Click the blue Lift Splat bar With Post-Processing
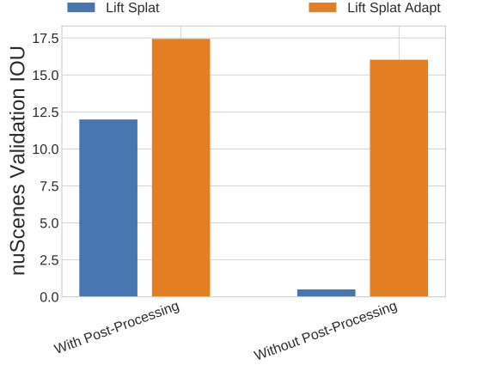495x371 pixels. [x=108, y=208]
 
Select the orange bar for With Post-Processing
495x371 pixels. [x=180, y=167]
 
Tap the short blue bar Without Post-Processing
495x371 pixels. [x=327, y=293]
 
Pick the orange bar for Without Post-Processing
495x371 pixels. [x=399, y=178]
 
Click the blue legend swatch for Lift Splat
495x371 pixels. [x=81, y=8]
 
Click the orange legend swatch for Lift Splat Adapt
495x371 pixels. [x=322, y=8]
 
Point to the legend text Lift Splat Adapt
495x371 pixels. [x=394, y=8]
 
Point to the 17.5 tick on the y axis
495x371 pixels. [x=46, y=39]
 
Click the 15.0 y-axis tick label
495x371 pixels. [x=46, y=76]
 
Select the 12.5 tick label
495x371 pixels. [x=46, y=113]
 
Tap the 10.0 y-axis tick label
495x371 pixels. [x=46, y=149]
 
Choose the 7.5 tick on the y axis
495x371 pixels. [x=50, y=186]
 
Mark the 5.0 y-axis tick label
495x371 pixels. [x=50, y=223]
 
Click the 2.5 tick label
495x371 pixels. [x=50, y=260]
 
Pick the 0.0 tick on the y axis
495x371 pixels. [x=50, y=297]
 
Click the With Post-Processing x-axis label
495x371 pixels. [x=117, y=327]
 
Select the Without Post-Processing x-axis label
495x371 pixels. [x=326, y=331]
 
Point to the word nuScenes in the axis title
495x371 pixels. [x=18, y=229]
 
